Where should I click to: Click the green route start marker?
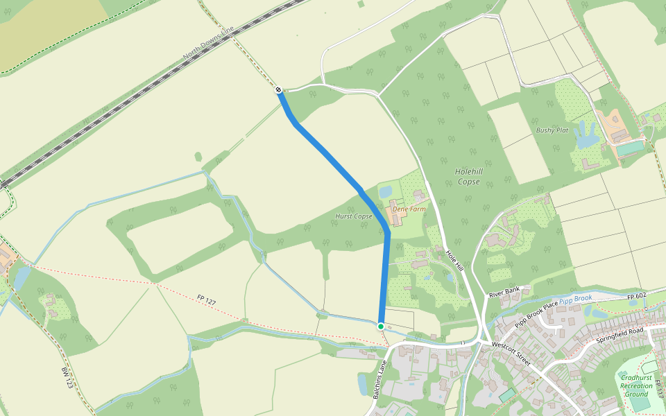pos(381,326)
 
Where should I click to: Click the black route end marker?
pos(277,89)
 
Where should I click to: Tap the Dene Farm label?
pos(408,208)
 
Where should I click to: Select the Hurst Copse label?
pos(354,216)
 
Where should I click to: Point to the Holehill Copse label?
pos(469,176)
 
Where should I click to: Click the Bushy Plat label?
pos(552,130)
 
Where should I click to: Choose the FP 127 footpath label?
pos(207,301)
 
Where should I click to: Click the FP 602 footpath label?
pos(637,297)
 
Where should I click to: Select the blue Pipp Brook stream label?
pos(576,298)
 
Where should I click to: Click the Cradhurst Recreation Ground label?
pos(635,385)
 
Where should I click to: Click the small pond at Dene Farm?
pos(385,190)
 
